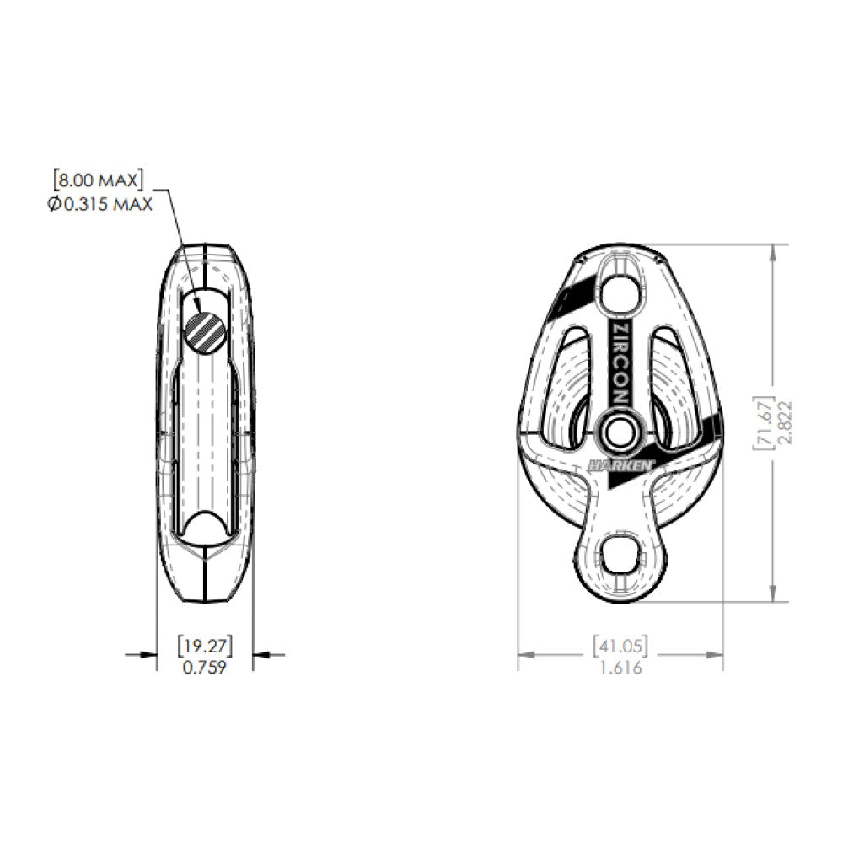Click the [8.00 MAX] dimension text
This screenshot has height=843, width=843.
click(98, 180)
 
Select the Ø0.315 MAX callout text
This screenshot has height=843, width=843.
click(99, 203)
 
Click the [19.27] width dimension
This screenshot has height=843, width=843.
click(205, 647)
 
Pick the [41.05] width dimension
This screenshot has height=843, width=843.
click(620, 647)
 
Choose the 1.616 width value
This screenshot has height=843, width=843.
click(620, 668)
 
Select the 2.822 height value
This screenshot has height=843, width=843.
click(784, 422)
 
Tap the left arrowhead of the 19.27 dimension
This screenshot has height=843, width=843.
click(151, 653)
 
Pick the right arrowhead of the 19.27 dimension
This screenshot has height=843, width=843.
click(260, 653)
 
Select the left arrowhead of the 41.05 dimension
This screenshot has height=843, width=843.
click(524, 654)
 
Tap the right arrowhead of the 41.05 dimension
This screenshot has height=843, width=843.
click(717, 654)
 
